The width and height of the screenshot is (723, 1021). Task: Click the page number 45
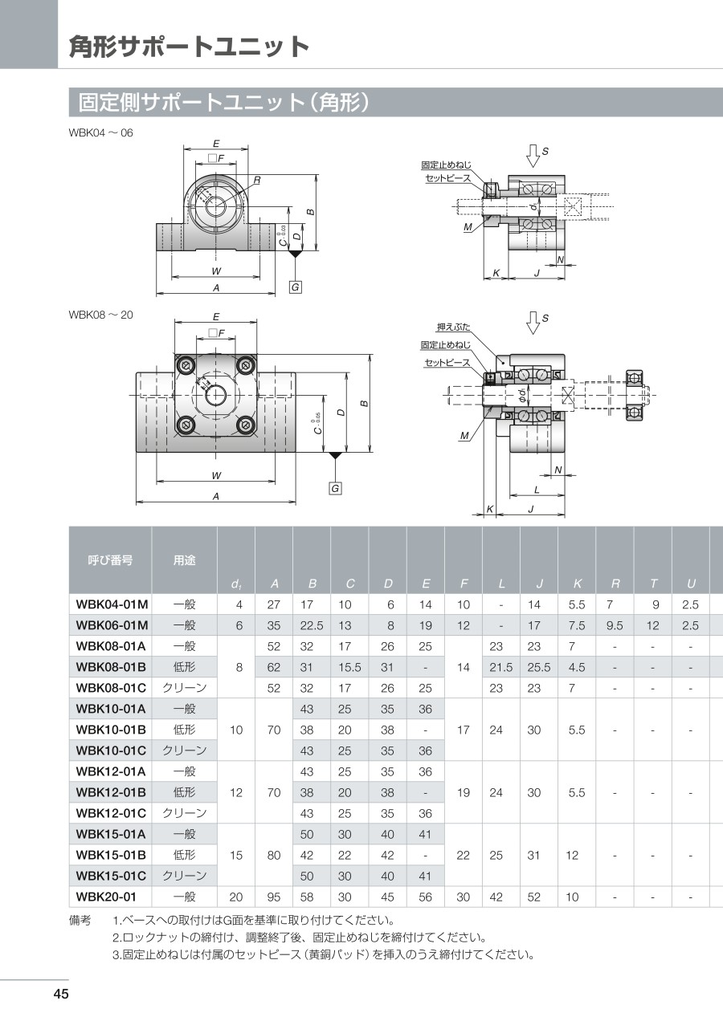(x=61, y=994)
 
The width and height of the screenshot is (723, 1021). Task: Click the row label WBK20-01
(x=106, y=897)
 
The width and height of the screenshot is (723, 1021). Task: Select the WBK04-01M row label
(x=112, y=604)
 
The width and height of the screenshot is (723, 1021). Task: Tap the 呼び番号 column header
(x=110, y=559)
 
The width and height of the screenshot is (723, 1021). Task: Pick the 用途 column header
(x=184, y=559)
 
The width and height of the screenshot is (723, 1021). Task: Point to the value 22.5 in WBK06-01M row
(x=312, y=625)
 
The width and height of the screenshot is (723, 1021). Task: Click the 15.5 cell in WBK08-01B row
(x=349, y=667)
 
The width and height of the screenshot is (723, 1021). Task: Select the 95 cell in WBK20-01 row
(x=274, y=897)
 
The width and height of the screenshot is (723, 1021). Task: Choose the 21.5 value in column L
(x=500, y=667)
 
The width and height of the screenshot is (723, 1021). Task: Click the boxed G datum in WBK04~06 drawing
(x=295, y=287)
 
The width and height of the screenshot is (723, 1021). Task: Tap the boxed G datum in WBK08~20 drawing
(x=335, y=489)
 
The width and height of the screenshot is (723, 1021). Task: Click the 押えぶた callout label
(x=453, y=327)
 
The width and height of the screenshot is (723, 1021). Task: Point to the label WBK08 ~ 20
(x=100, y=315)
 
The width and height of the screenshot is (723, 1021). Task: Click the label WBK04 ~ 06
(x=100, y=132)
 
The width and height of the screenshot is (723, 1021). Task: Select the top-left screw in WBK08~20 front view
(x=185, y=364)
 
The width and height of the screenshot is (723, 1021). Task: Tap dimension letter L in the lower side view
(x=537, y=490)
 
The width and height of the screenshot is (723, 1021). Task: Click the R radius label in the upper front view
(x=257, y=180)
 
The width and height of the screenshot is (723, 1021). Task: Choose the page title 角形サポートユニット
(x=190, y=47)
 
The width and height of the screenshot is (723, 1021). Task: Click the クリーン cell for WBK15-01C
(x=184, y=876)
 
